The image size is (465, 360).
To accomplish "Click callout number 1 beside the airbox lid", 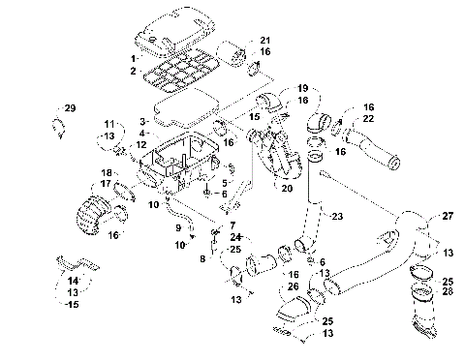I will pos(134,60).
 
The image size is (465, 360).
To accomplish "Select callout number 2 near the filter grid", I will pos(134,71).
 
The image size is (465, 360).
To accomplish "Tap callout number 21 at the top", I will pos(264,39).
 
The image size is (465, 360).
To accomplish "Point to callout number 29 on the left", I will pos(70,107).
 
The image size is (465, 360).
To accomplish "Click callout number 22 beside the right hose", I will pos(368,119).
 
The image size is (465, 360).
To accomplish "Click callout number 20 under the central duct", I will pos(287,188).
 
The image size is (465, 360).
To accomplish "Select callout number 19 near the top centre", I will pos(302,87).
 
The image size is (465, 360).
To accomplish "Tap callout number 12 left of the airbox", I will pos(140,146).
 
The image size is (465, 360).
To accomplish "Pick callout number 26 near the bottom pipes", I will pos(293,286).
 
